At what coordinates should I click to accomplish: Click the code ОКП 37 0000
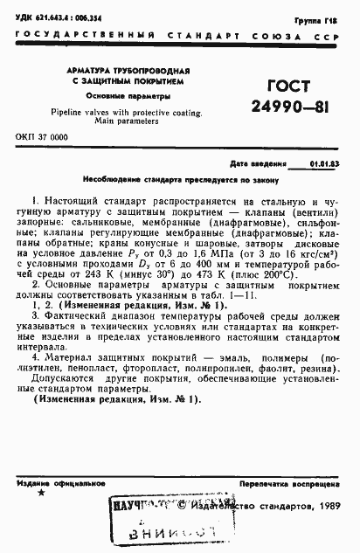click(42, 138)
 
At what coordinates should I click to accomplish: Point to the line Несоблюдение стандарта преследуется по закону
click(180, 180)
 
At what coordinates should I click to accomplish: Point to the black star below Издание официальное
click(40, 494)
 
